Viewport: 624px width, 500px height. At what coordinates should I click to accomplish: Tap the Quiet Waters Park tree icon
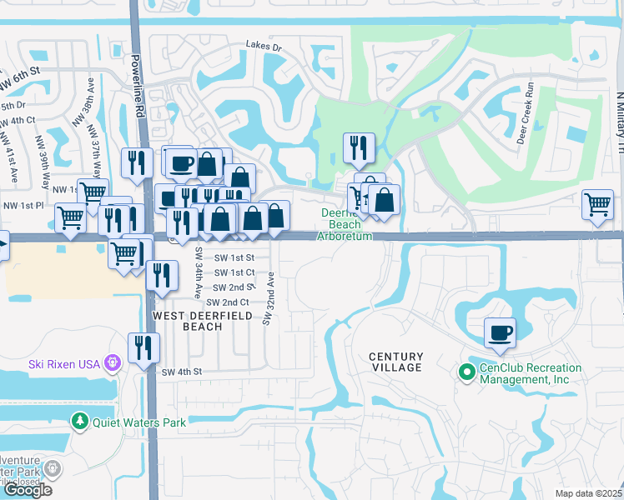point(80,422)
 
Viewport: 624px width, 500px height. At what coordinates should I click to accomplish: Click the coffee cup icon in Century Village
point(501,332)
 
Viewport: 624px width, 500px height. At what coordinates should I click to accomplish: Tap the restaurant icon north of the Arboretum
point(359,147)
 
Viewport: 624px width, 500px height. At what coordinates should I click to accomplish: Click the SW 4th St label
point(183,372)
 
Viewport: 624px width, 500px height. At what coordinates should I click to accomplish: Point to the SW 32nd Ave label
point(268,297)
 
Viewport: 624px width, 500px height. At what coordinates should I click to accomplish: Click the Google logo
point(28,489)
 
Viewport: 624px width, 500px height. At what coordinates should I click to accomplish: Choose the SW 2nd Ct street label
point(228,302)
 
